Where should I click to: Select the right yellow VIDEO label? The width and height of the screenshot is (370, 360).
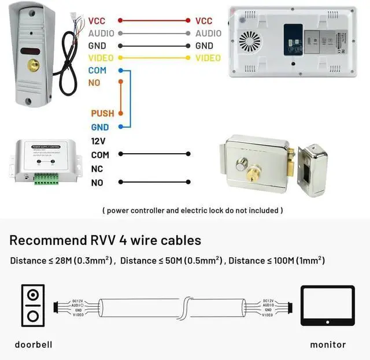click(208, 58)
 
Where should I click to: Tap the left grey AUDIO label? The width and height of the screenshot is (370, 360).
click(101, 34)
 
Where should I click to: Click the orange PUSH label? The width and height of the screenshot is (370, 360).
click(102, 113)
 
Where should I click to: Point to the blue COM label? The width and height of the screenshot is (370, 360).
click(97, 70)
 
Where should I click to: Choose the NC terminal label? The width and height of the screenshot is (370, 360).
click(97, 169)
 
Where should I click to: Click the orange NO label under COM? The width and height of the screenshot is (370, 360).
click(94, 83)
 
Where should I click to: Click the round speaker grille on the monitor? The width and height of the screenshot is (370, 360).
click(251, 42)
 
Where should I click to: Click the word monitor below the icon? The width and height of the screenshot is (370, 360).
click(328, 344)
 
